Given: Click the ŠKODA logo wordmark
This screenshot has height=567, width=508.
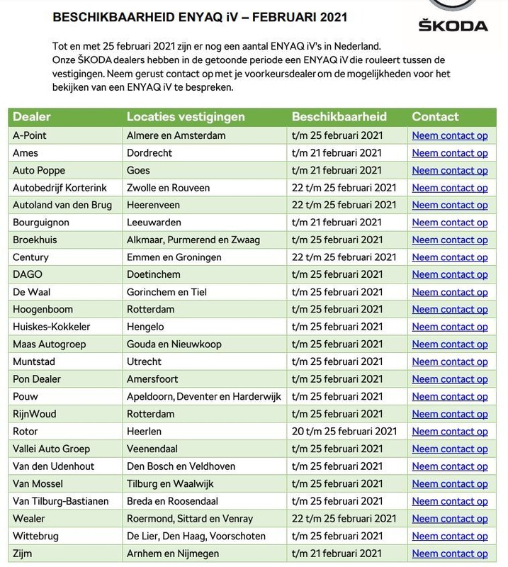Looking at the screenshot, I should (x=452, y=26).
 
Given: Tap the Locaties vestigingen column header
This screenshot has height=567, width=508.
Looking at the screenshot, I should (x=186, y=117).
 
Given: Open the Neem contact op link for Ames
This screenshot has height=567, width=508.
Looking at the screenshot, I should (x=449, y=152).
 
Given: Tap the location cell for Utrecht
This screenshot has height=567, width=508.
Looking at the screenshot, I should (x=144, y=361).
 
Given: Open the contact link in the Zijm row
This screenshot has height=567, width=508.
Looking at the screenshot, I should (x=449, y=553).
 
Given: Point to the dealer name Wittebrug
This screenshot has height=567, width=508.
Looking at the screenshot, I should (x=37, y=535).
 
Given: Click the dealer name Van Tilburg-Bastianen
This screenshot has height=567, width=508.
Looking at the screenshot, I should (x=61, y=500).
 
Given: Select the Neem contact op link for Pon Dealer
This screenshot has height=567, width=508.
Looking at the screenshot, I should (x=449, y=379).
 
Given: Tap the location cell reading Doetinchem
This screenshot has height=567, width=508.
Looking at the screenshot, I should (x=154, y=274).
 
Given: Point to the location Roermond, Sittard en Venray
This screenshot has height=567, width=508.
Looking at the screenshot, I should (x=189, y=518).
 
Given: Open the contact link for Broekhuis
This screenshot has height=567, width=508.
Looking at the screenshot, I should (x=449, y=240).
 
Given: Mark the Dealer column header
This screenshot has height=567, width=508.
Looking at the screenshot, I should (x=33, y=117).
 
